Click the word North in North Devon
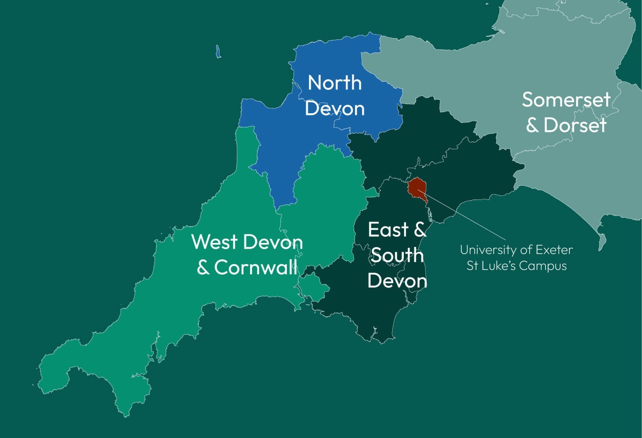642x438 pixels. pos(335,83)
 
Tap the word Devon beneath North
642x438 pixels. pos(335,109)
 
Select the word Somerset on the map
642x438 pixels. pos(566,100)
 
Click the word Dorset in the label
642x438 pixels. pos(575,126)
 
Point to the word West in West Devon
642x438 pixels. pos(214,242)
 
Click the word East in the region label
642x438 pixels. pos(388,230)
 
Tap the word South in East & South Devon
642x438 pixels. pos(397,255)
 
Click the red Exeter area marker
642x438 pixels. pos(417,187)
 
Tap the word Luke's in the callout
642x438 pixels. pos(498,266)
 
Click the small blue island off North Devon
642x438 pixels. pos(218,52)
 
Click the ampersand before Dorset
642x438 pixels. pos(532,126)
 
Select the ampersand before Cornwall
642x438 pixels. pos(203,267)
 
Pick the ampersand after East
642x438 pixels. pos(419,230)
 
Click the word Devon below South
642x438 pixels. pos(397,281)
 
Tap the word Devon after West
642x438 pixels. pos(273,242)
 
